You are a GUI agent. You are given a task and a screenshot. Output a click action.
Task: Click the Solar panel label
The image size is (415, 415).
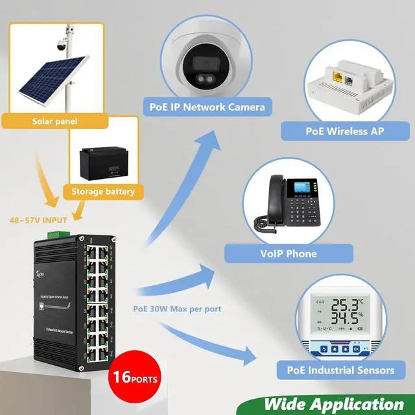coord(51,121)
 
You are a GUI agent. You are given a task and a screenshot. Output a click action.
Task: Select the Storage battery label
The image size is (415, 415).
coord(102,191)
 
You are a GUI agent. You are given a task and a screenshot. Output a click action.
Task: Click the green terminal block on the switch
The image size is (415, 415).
coord(56,232)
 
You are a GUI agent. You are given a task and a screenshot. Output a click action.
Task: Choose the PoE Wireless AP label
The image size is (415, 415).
coord(344,131)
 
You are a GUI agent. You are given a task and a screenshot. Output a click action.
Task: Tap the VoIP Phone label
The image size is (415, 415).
coord(289,253)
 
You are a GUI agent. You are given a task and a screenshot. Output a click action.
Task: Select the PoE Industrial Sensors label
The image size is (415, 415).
coord(340,370)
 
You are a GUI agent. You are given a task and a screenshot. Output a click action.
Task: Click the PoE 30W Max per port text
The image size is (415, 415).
coord(177,309)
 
